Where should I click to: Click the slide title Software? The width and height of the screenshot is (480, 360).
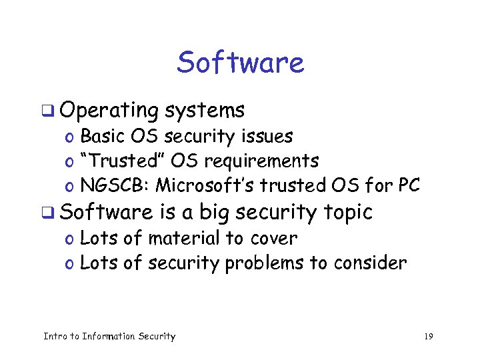click(240, 63)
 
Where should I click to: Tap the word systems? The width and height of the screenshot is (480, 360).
click(205, 111)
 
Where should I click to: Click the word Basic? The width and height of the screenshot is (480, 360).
click(103, 137)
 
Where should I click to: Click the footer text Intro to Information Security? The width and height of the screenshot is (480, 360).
click(109, 337)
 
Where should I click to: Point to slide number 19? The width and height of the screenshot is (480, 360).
click(428, 337)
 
